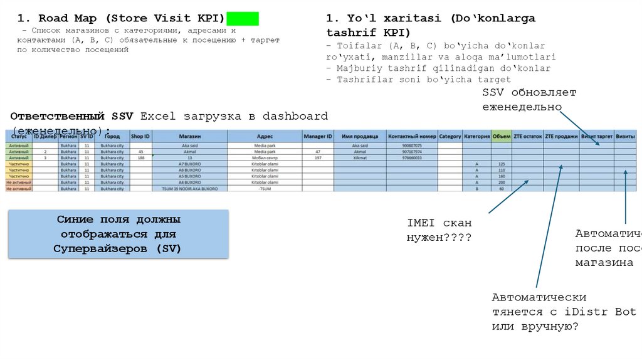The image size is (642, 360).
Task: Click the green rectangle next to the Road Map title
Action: [242, 19]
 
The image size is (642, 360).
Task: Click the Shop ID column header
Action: [140, 135]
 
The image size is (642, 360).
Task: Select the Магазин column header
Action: [189, 135]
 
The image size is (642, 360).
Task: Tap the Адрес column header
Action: [265, 135]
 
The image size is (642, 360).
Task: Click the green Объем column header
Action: [502, 135]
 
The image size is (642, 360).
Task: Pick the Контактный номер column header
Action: [411, 135]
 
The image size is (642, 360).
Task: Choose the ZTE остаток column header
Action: [527, 135]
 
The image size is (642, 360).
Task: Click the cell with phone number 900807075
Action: [411, 146]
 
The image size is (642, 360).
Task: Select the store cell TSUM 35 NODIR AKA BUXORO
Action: [189, 188]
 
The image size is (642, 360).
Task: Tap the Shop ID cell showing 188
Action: [140, 158]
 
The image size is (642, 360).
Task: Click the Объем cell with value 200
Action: [502, 182]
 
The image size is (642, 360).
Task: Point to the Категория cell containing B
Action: [477, 188]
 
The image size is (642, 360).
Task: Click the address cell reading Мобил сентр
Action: [265, 158]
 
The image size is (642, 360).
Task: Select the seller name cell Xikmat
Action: [360, 158]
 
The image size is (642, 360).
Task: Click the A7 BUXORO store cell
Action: [189, 164]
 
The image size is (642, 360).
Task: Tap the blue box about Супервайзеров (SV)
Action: [118, 234]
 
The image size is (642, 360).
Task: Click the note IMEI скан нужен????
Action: [439, 230]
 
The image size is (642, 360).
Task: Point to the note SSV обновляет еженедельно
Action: [529, 100]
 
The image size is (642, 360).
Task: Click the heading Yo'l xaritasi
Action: [431, 25]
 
